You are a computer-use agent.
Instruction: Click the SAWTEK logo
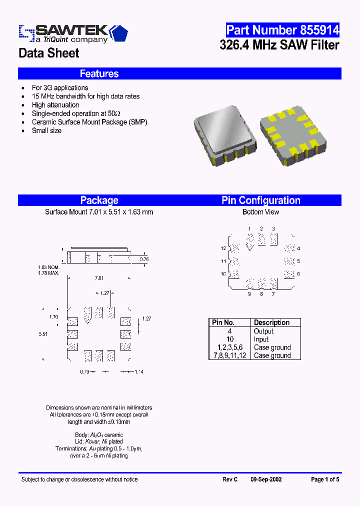point(73,33)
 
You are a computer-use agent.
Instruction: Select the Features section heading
point(99,73)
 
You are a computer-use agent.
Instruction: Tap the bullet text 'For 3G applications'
point(60,87)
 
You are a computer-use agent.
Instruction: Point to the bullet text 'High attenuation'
point(55,105)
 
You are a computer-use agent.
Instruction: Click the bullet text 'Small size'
point(46,130)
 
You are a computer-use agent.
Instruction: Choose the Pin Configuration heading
point(261,200)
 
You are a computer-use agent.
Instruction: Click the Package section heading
point(99,200)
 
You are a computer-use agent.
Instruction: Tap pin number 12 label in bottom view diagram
point(223,248)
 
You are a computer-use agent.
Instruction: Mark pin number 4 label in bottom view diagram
point(298,248)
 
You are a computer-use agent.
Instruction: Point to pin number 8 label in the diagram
point(261,294)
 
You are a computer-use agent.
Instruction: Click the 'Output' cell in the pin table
point(263,331)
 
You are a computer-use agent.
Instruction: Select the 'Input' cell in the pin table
point(261,339)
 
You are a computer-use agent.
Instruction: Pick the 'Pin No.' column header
point(223,322)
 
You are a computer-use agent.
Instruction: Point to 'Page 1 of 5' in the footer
point(325,479)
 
